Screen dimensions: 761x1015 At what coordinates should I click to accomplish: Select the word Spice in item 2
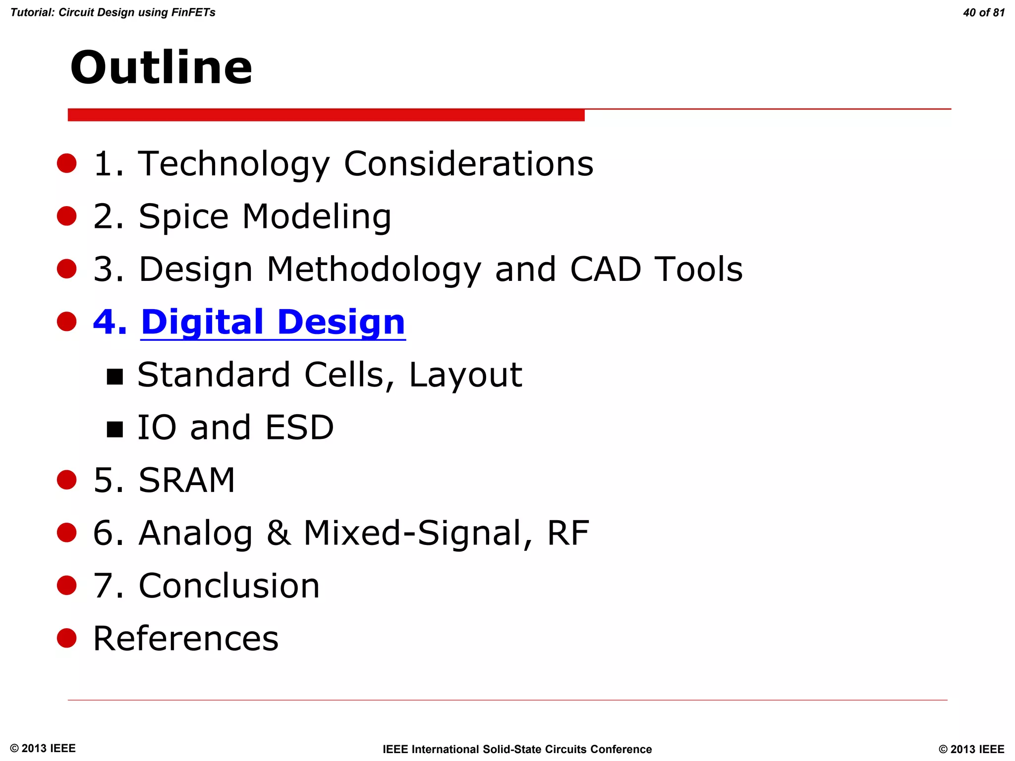tap(183, 217)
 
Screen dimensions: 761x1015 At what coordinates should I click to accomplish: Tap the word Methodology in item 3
tap(374, 270)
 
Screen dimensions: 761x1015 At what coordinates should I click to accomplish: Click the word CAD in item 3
tap(605, 270)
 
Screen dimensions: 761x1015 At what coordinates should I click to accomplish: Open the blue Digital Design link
tap(273, 322)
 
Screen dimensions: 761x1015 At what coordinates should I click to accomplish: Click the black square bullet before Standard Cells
tap(115, 377)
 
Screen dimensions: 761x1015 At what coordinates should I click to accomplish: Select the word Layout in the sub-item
tap(465, 375)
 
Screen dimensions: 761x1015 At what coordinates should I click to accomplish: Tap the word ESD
tap(299, 428)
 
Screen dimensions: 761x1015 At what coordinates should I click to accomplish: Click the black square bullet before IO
tap(115, 430)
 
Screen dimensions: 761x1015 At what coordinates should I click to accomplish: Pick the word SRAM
tap(186, 481)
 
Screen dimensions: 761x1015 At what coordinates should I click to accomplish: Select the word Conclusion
tap(229, 586)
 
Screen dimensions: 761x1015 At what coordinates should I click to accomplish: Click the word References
tap(186, 639)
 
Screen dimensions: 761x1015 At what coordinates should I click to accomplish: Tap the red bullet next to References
tap(66, 638)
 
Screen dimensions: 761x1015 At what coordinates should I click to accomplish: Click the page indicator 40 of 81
tap(983, 13)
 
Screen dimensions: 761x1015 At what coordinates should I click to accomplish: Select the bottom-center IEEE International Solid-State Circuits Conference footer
tap(517, 749)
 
